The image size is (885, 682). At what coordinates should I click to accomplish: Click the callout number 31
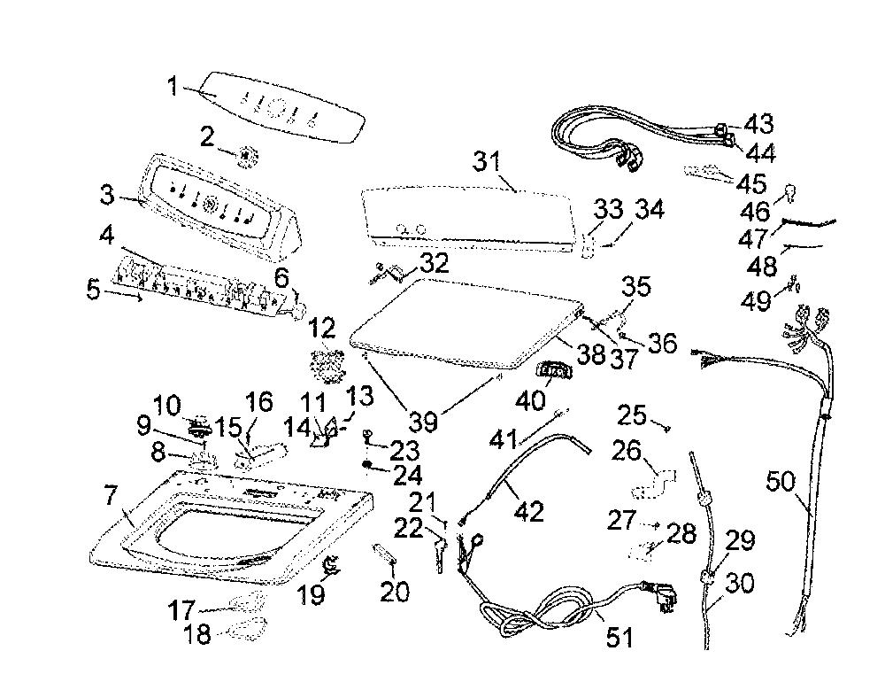coord(487,161)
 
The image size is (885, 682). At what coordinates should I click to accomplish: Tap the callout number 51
coord(619,637)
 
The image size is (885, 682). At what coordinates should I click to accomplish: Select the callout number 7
coord(110,496)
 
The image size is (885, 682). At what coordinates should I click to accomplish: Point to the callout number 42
coord(529,511)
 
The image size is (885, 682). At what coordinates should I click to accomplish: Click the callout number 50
coord(781,482)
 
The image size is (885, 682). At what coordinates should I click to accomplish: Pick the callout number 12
coord(323,329)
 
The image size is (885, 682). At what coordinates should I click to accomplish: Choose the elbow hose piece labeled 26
coord(654,483)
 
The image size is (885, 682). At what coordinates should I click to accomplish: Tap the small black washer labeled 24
coord(367,464)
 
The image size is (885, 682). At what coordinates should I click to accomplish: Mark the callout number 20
coord(395,592)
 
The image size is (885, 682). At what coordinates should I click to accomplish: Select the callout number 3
coord(107,195)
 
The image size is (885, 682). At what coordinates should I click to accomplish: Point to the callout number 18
coord(197,634)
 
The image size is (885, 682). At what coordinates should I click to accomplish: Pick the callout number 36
coord(662,343)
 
